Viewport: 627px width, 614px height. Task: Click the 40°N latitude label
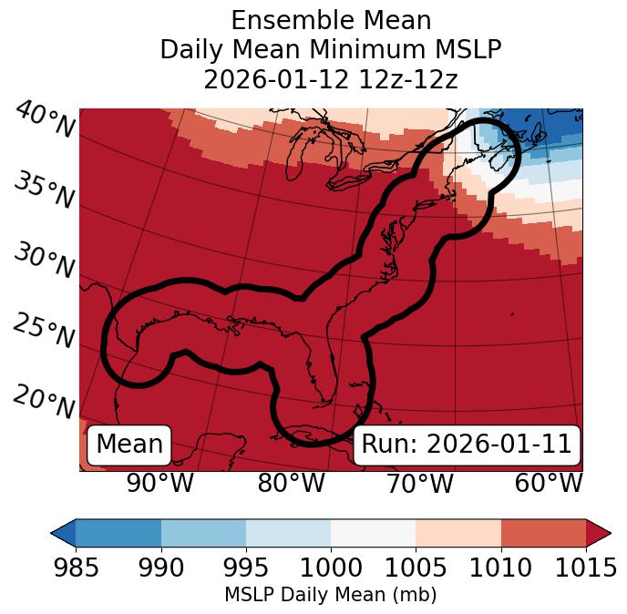point(45,120)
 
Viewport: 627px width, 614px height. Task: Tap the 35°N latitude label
point(45,191)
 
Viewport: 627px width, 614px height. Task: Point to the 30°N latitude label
point(45,262)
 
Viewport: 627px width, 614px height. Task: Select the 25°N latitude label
point(45,332)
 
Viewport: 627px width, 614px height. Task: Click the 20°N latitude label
point(45,401)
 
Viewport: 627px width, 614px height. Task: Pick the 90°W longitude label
point(160,484)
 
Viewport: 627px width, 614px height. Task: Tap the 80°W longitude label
point(291,484)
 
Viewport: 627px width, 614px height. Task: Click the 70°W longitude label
point(419,484)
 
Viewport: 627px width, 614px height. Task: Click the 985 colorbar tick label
point(76,568)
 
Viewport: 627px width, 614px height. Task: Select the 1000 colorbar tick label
point(331,568)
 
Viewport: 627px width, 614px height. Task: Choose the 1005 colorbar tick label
point(416,568)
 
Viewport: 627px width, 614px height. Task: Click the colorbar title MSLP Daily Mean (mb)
point(330,595)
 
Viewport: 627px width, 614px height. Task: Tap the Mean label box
point(129,445)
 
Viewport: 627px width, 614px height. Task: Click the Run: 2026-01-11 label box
point(467,445)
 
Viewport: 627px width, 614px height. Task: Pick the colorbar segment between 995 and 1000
point(288,533)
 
